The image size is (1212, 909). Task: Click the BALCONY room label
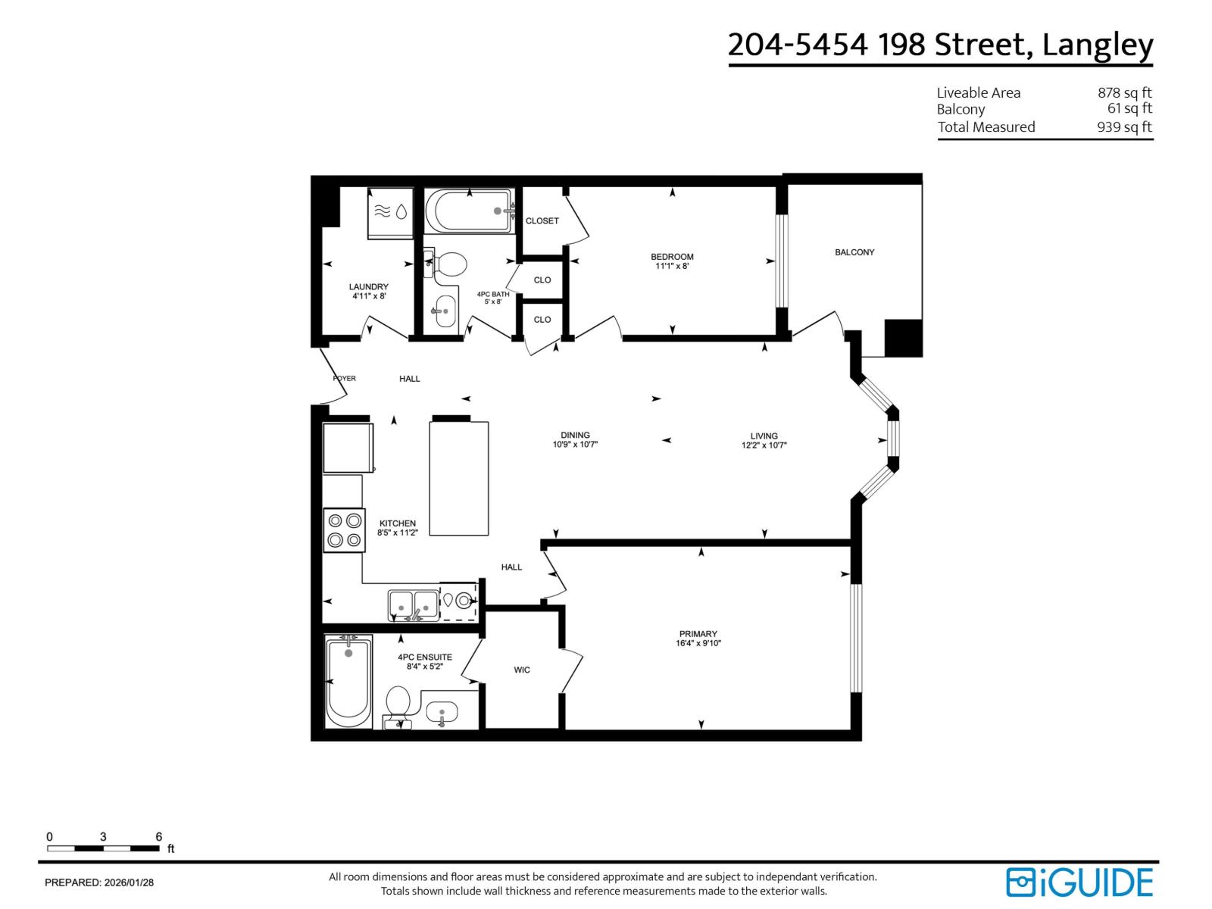click(854, 252)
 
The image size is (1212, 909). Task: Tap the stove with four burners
click(344, 530)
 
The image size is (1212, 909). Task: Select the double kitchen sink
click(413, 605)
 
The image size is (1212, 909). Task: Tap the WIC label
click(522, 670)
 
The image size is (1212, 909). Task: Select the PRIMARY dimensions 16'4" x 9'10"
click(698, 644)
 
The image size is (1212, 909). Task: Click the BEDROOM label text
click(672, 257)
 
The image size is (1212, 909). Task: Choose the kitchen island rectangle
click(459, 479)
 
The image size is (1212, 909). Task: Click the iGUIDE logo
click(1079, 882)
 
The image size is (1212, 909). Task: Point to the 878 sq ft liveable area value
click(1124, 92)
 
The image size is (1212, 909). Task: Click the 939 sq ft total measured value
click(1124, 127)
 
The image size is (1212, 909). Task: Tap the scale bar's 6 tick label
click(159, 837)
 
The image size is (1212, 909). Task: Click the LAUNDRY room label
click(369, 286)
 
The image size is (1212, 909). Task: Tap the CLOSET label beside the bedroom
click(542, 221)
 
